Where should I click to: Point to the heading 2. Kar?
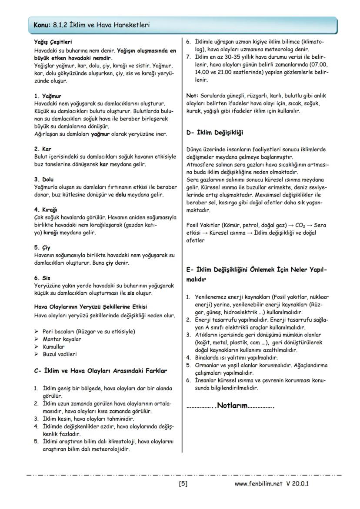click(x=43, y=149)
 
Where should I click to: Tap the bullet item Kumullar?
click(x=53, y=347)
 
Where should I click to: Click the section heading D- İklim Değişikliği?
click(x=214, y=132)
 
